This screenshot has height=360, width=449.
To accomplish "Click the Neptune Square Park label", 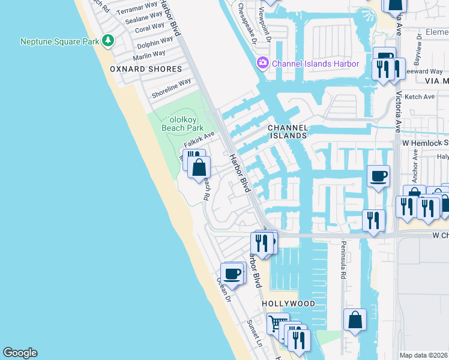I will coord(59,41).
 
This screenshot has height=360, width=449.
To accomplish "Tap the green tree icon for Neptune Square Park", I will coord(108,41).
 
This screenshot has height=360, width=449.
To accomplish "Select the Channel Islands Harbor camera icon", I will coord(263,63).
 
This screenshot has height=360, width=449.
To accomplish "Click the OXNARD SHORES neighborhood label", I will coord(146,69).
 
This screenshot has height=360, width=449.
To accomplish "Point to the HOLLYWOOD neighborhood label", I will coord(289,304).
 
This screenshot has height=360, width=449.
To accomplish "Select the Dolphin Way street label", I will coord(155,43).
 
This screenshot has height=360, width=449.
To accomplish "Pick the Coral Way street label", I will coord(150,27).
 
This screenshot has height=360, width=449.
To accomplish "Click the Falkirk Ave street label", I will coord(199,140).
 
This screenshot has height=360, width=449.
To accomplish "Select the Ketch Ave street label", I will coord(420,97).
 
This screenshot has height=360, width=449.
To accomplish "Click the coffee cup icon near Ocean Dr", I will coord(232,274).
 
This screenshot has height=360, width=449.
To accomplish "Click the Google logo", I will coord(20,353).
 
